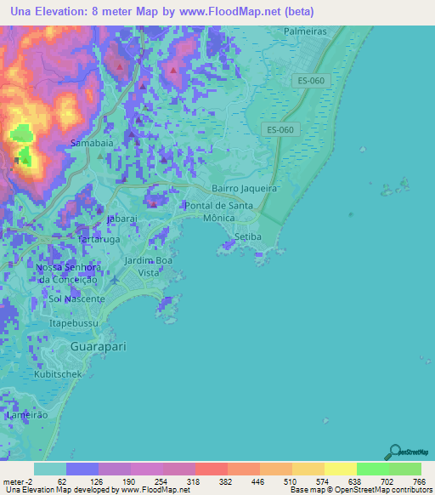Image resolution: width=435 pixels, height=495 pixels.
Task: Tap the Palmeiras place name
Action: click(x=307, y=35)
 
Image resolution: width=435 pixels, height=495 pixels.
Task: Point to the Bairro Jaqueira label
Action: click(x=245, y=189)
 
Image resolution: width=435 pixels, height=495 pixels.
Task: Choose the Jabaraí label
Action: click(x=122, y=219)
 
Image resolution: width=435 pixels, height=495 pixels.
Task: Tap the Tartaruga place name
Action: click(x=100, y=240)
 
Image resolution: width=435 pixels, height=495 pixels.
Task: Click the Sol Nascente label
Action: click(x=76, y=299)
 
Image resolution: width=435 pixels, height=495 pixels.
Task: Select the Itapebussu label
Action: click(x=75, y=324)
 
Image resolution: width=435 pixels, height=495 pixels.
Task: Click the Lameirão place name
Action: click(x=24, y=416)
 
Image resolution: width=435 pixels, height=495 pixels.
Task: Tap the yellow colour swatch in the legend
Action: click(x=340, y=469)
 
